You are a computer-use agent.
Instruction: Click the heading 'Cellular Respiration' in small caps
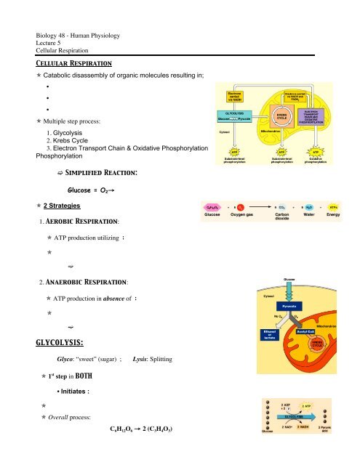[x=59, y=64]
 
